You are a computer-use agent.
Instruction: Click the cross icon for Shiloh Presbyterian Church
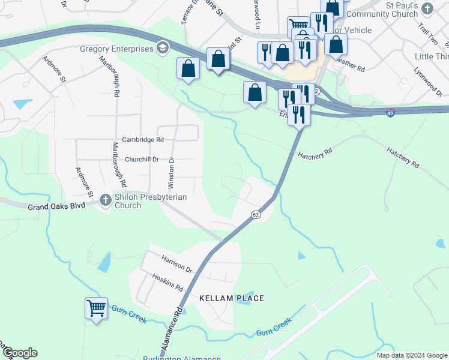pyautogui.click(x=105, y=199)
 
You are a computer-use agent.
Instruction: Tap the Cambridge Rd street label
pyautogui.click(x=143, y=140)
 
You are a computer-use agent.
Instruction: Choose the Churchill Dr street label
pyautogui.click(x=142, y=160)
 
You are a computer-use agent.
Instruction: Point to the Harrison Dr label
pyautogui.click(x=176, y=262)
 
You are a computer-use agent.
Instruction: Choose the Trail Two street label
pyautogui.click(x=429, y=35)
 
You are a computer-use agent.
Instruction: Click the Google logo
pyautogui.click(x=20, y=353)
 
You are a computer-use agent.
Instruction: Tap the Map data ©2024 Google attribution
pyautogui.click(x=411, y=355)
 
